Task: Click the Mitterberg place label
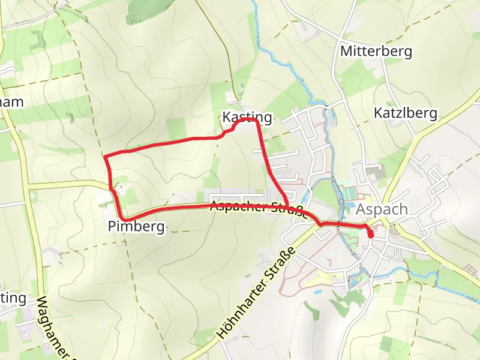pos(376,52)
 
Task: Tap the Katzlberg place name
pos(406,113)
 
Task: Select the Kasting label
pos(247,117)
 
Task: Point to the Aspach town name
pos(382,209)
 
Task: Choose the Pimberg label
pos(136,226)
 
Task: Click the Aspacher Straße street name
pos(258,208)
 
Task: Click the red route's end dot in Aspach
pos(370,234)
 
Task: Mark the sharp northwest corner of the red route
pos(106,157)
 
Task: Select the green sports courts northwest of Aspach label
pos(347,193)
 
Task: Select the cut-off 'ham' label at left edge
pos(11,102)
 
